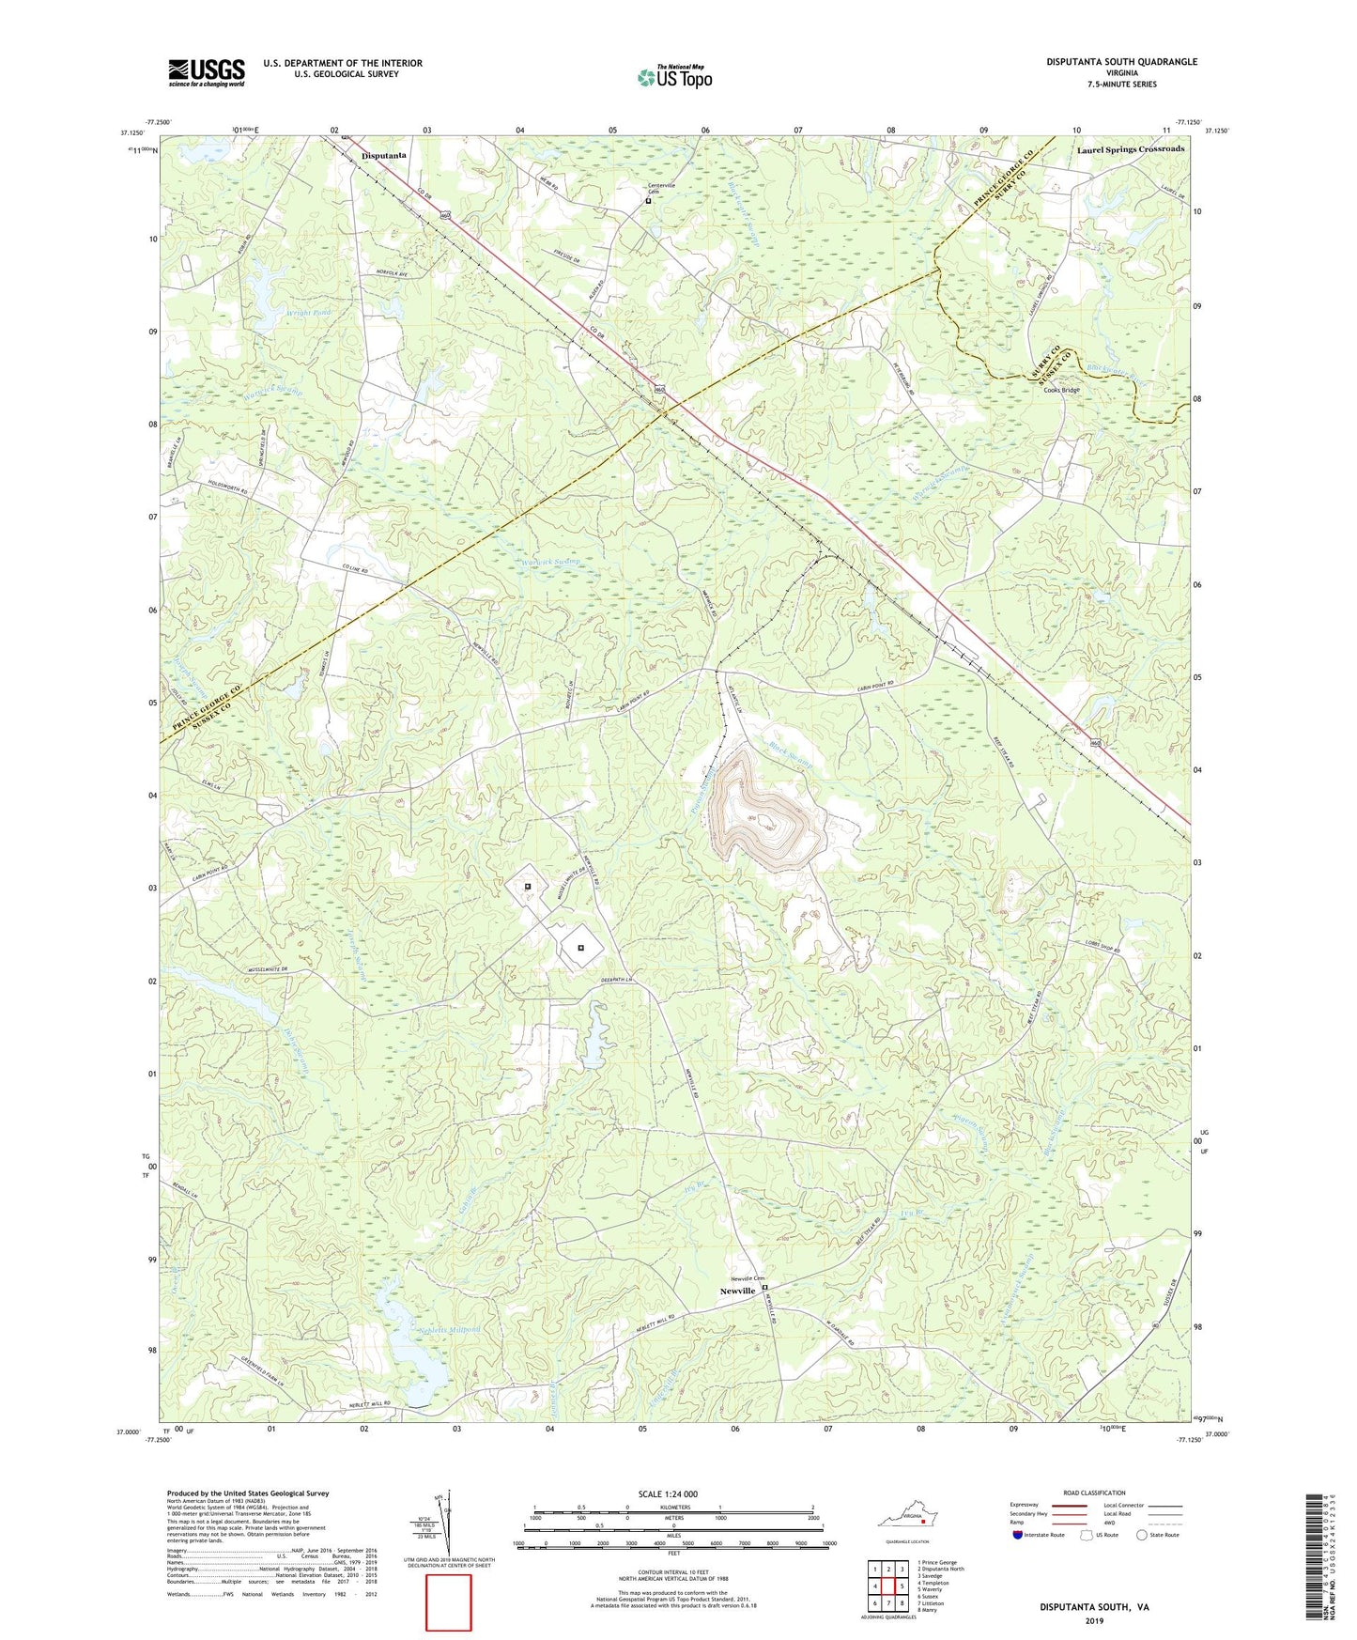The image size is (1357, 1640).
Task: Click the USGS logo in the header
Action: pos(206,72)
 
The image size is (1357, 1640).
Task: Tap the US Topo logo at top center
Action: pos(673,77)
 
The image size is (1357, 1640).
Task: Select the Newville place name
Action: pos(737,1292)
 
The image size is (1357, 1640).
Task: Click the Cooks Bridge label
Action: pos(1061,390)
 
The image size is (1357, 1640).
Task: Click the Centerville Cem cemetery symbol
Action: pos(648,200)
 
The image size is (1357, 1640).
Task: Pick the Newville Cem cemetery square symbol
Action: pos(764,1288)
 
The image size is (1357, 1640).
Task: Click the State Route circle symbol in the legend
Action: pos(1141,1536)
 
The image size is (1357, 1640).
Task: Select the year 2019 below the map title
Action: pos(1094,1620)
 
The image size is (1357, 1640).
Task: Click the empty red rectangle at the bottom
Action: pos(449,1602)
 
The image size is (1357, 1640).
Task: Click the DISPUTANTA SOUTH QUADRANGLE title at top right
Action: pos(1121,62)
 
